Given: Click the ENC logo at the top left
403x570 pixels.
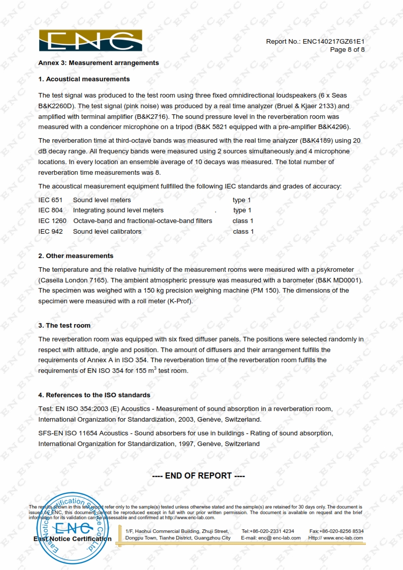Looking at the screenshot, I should [x=90, y=41].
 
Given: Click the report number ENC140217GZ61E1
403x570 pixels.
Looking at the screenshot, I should [x=333, y=41].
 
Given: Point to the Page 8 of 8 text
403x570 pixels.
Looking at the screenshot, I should [x=347, y=49].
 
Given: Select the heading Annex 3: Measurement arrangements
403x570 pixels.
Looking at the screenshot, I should [x=99, y=63].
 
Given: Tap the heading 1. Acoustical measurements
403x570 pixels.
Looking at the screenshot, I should [x=84, y=79].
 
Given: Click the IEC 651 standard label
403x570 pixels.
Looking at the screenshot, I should [x=50, y=200].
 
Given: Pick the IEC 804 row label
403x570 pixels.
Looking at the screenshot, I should [x=50, y=210].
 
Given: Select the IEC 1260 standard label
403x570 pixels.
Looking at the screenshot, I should [x=52, y=221].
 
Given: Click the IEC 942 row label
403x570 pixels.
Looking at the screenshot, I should [x=50, y=232].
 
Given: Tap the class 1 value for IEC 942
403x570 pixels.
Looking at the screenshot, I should [x=243, y=232].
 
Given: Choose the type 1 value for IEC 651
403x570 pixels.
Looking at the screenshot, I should [x=242, y=200].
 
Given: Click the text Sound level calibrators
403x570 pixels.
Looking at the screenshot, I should [x=107, y=232].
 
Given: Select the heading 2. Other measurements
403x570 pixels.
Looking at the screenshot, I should [x=76, y=256].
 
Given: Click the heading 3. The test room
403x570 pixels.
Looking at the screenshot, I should [x=65, y=326].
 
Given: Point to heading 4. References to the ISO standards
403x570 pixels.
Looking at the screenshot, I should [x=94, y=395].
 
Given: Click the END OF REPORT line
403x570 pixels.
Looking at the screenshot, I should [x=199, y=476].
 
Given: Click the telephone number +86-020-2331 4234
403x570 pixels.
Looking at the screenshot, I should [x=274, y=531].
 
